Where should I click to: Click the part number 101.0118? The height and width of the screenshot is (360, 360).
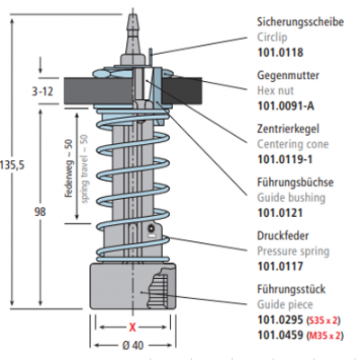pyautogui.click(x=280, y=52)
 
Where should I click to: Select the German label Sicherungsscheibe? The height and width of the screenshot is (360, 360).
pyautogui.click(x=301, y=22)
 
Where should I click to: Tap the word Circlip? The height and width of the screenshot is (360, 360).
pyautogui.click(x=272, y=37)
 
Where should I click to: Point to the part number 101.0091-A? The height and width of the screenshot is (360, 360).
pyautogui.click(x=286, y=106)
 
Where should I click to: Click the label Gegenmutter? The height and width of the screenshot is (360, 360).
pyautogui.click(x=288, y=76)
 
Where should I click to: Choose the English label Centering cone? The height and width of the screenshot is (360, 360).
pyautogui.click(x=292, y=144)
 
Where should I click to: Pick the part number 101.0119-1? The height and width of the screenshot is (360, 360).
pyautogui.click(x=284, y=159)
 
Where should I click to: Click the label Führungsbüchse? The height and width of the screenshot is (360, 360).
pyautogui.click(x=295, y=183)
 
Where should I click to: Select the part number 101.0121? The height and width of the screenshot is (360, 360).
pyautogui.click(x=280, y=213)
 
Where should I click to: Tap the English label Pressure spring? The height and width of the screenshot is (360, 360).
pyautogui.click(x=293, y=251)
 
